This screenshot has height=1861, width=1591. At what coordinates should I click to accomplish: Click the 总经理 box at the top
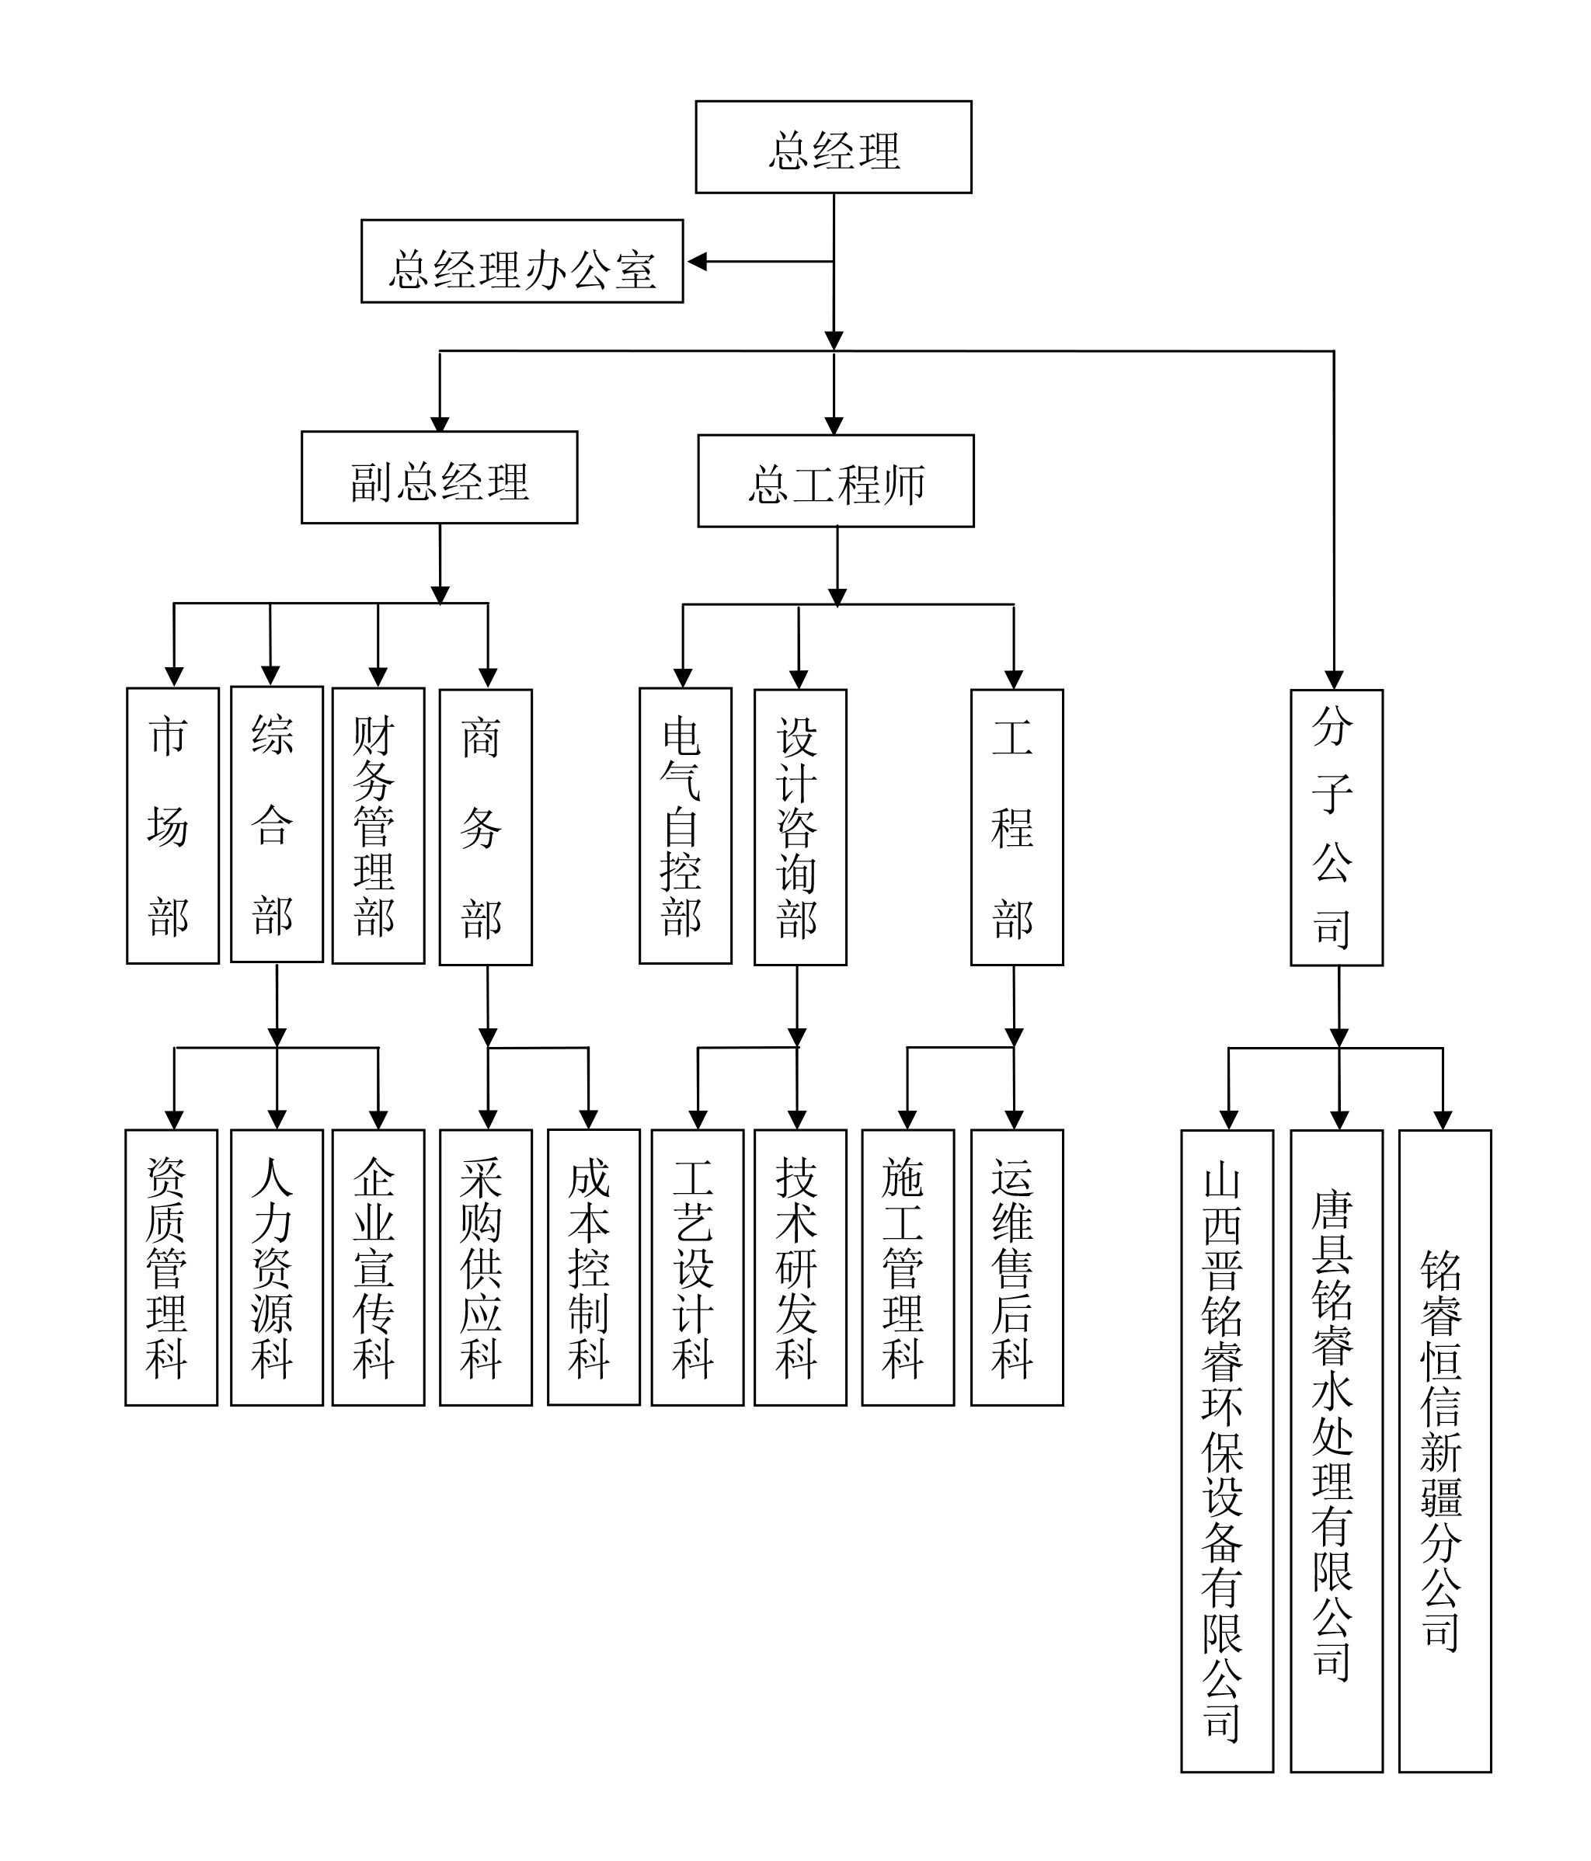coord(833,148)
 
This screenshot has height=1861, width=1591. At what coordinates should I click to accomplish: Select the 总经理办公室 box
coord(522,262)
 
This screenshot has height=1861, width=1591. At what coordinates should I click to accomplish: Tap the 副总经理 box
coord(439,477)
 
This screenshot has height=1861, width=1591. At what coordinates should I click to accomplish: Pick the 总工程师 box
coord(835,481)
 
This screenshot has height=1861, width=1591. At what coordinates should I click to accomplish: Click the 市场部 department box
coord(172,826)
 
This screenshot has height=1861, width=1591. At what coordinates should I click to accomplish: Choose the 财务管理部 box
coord(378,826)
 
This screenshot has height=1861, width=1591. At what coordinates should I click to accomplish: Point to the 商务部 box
coord(485,826)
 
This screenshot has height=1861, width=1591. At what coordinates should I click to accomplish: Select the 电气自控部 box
coord(685,826)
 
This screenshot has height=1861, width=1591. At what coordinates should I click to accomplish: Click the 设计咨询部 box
coord(799,826)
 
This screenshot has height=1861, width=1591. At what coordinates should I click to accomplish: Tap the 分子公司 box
coord(1336,826)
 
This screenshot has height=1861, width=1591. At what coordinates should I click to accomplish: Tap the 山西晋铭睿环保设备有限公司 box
coord(1226,1451)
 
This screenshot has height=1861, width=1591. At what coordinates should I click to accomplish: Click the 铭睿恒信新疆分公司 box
coord(1445,1451)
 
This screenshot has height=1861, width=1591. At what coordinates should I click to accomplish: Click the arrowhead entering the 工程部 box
coord(1013,679)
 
